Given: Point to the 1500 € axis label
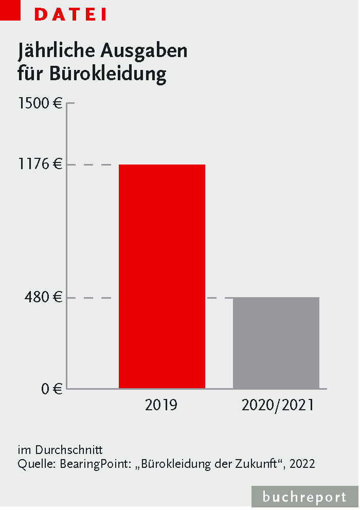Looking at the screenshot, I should point(40,103).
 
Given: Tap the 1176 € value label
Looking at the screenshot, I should point(40,165).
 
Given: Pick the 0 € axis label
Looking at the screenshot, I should point(51,389).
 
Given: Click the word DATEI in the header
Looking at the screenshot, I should point(70,15).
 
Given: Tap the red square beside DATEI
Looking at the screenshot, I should point(10,10).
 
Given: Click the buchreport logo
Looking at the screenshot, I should point(304,497).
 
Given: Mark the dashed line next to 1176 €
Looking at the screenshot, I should point(94,165).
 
